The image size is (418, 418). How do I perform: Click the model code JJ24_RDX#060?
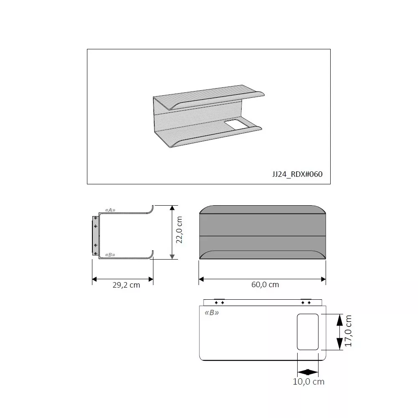point(297,174)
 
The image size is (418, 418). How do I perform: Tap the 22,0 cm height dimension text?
point(179,230)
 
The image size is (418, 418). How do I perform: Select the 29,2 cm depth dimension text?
point(126,285)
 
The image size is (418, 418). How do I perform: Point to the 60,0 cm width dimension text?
point(265,284)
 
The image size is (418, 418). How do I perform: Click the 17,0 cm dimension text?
point(349,331)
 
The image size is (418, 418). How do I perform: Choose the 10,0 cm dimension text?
point(308,382)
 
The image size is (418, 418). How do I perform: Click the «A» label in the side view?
point(110,210)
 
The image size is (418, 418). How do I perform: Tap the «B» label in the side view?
point(110,255)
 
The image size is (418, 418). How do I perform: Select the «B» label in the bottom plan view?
point(212,312)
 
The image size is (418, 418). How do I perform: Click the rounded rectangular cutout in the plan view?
point(308,332)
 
